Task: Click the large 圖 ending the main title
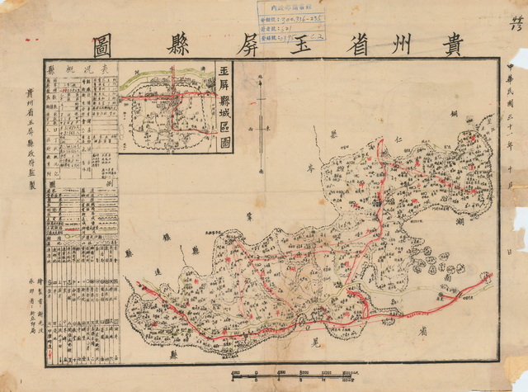[107, 40]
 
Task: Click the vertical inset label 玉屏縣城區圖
[221, 106]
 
